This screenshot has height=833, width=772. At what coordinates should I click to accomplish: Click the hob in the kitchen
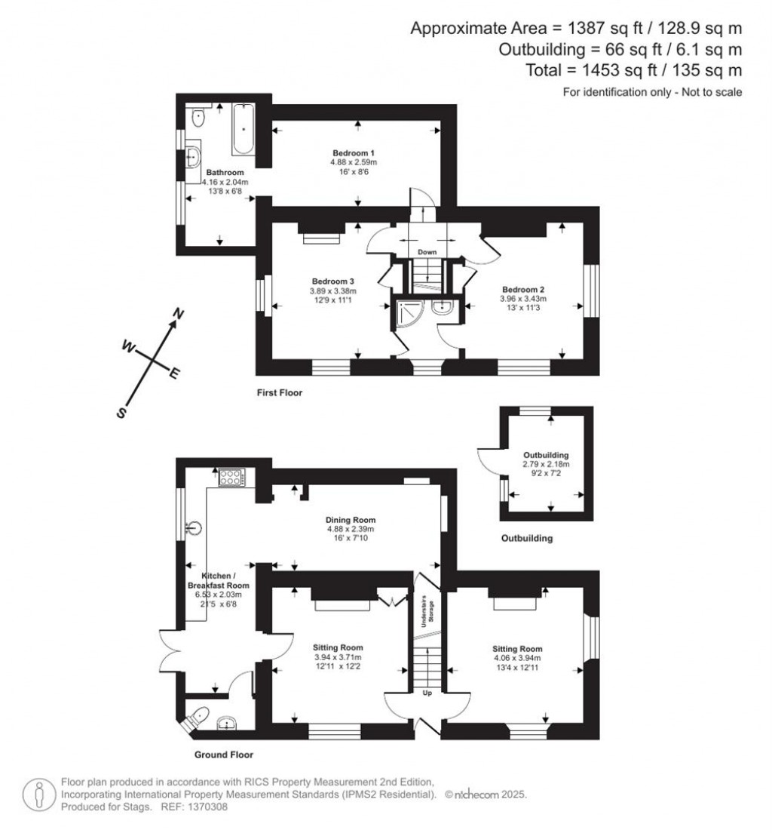click(231, 477)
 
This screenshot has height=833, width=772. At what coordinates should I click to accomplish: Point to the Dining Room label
click(350, 520)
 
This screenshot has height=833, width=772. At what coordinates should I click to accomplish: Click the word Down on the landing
click(427, 252)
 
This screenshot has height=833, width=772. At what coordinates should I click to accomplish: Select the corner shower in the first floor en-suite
click(408, 309)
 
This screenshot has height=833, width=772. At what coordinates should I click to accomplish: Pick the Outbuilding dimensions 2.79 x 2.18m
click(545, 465)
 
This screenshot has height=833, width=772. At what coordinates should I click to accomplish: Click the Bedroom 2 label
click(523, 289)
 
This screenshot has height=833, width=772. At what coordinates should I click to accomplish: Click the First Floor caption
click(278, 392)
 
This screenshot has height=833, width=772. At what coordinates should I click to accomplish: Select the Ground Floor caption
click(224, 755)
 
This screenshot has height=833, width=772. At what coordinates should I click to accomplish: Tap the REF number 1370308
click(205, 807)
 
